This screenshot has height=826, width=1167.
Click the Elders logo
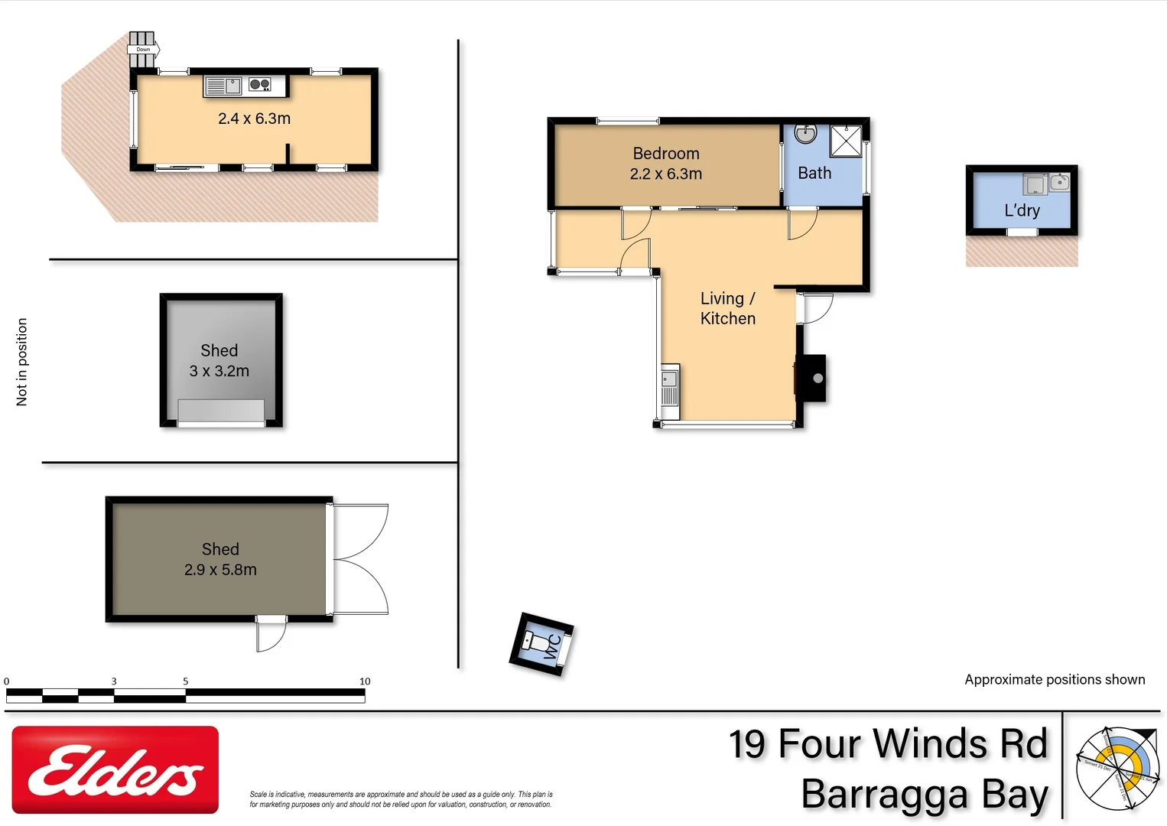point(115,769)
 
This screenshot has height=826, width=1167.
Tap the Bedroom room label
point(665,154)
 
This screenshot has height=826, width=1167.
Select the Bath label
point(814,174)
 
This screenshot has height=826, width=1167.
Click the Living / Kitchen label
point(727,309)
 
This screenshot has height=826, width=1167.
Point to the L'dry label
point(1022,210)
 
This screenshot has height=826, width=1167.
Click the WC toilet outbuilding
point(541,644)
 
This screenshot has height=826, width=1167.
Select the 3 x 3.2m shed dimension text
point(219,371)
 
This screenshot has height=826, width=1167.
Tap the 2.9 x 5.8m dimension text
point(220,570)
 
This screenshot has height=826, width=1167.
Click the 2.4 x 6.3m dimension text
point(254,119)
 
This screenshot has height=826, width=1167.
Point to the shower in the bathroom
point(846,141)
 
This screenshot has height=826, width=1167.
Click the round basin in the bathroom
point(805,135)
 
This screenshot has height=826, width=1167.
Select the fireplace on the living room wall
point(812,378)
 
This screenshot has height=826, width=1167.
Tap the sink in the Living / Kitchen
point(669,379)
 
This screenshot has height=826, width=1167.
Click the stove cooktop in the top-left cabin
point(260,85)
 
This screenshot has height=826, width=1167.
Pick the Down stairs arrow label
point(143,50)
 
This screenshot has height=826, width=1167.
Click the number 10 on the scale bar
point(365,681)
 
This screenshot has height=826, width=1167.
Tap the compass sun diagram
point(1117,769)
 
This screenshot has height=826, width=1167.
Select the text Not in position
point(21,362)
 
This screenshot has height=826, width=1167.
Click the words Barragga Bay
point(924,795)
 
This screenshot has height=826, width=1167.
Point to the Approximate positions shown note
point(1054,680)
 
